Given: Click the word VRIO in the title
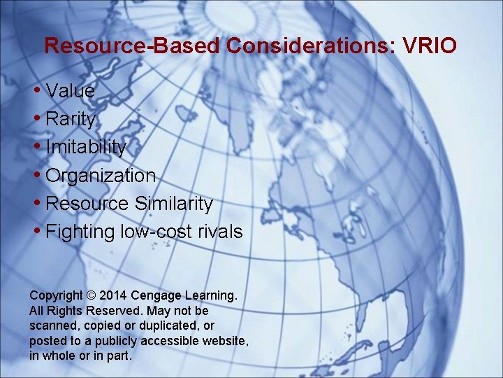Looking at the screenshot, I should coord(430,46).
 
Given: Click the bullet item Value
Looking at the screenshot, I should coord(70,91).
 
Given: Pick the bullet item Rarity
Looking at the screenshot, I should coord(70,120).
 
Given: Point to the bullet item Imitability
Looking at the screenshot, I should coord(86,148).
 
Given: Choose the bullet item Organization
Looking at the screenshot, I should coord(100,176).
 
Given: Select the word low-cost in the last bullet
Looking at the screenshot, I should coord(163,232).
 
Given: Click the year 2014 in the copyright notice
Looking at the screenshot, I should coord(115,295).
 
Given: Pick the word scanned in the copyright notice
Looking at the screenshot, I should coord(52,325).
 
